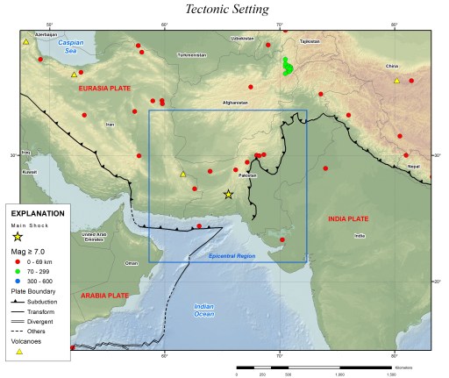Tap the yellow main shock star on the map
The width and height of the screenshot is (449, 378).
[x=229, y=194]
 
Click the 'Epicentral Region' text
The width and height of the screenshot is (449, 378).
[x=232, y=255]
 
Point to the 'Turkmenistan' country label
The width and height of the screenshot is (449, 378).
[x=191, y=55]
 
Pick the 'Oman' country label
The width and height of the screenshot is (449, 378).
[x=132, y=263]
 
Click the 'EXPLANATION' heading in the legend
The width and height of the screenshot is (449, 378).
[x=37, y=213]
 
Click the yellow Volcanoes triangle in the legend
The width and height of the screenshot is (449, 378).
[x=19, y=352]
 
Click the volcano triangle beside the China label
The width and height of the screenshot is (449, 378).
[x=396, y=81]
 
